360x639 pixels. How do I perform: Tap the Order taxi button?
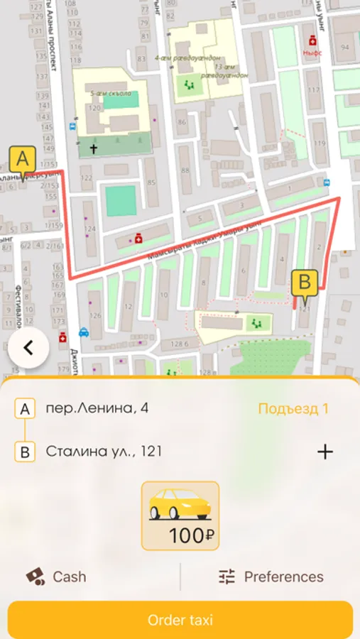point(180,620)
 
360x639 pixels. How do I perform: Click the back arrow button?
point(28,348)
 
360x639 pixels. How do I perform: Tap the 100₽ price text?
point(187,536)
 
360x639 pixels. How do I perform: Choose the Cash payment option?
point(56,577)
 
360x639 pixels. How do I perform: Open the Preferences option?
point(271,577)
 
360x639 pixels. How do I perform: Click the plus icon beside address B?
point(324,452)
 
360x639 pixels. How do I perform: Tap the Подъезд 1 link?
point(293,408)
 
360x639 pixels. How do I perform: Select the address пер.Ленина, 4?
point(97,408)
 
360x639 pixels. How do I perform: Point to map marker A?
point(22,158)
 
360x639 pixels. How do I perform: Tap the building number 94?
point(345,48)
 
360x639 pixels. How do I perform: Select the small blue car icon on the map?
point(84,331)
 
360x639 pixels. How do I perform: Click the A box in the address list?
point(25,409)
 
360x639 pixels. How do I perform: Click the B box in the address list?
point(25,452)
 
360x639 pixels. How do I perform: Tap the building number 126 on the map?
point(95,315)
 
